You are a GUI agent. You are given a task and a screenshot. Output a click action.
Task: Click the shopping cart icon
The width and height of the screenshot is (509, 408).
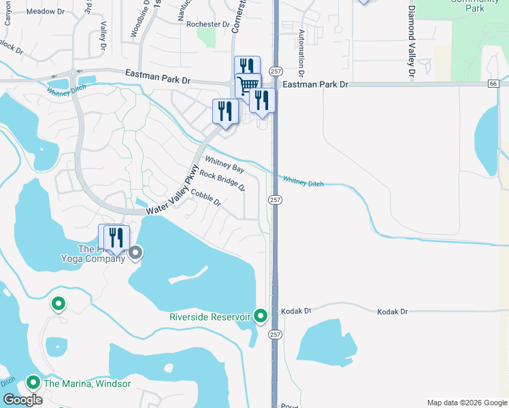pyautogui.click(x=248, y=86)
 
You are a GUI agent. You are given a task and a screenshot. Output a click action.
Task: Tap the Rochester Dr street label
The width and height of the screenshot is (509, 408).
pyautogui.click(x=208, y=24)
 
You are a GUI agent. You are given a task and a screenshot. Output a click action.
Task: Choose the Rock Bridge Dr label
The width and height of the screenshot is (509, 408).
pyautogui.click(x=222, y=182)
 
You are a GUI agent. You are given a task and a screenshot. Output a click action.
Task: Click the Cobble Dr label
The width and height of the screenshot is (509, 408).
pyautogui.click(x=206, y=198)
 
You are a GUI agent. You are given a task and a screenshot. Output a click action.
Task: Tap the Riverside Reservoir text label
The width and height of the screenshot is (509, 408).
pyautogui.click(x=211, y=316)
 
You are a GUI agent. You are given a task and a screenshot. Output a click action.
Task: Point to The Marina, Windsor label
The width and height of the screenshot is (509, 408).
pyautogui.click(x=86, y=384)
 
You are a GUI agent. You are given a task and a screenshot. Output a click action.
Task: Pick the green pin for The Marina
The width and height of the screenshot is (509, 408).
pyautogui.click(x=32, y=383)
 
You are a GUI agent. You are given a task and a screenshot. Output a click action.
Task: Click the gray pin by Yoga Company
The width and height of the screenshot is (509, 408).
pyautogui.click(x=135, y=254)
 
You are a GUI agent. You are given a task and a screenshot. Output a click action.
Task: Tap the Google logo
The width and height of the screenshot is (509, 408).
pyautogui.click(x=22, y=400)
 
